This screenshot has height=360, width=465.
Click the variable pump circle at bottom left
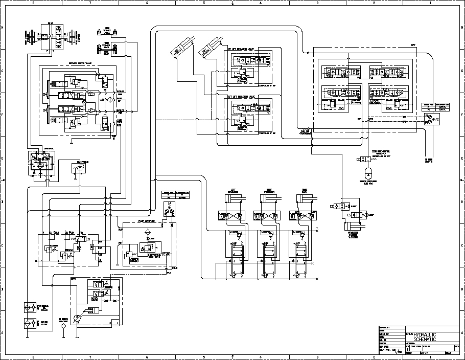[77, 318]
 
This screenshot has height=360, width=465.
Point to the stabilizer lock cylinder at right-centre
[352, 226]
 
